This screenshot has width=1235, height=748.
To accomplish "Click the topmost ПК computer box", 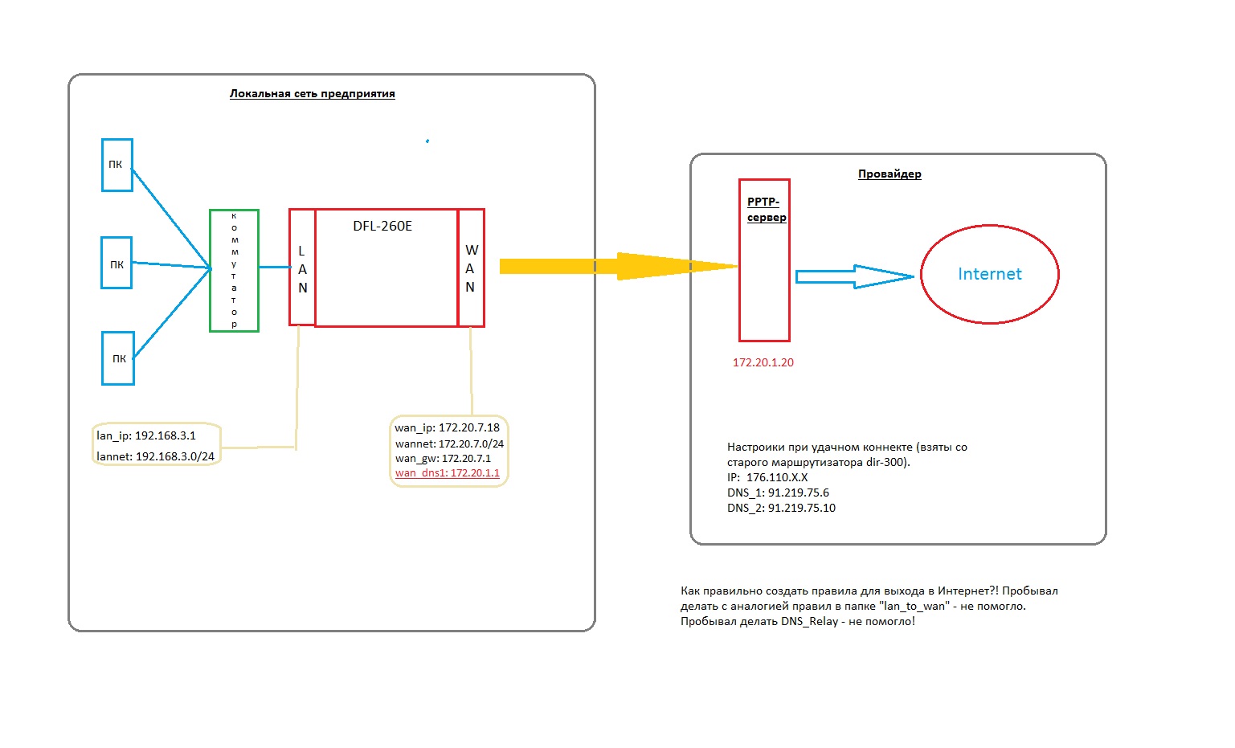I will point(117,165).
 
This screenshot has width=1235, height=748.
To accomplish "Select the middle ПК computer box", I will point(117,263).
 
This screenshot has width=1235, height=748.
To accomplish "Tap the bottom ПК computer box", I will point(118,358).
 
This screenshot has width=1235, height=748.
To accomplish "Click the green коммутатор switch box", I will point(234,270).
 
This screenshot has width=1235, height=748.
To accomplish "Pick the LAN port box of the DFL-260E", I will point(302,268).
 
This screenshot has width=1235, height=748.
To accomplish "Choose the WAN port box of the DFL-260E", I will point(471,268).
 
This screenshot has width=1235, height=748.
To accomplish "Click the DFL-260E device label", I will point(382,227).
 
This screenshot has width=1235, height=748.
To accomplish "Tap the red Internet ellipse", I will point(989,274).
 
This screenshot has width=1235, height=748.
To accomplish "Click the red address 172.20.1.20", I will point(763,362).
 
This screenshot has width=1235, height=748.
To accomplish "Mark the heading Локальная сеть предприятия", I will point(312,94).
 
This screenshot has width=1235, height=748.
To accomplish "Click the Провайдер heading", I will point(889,174).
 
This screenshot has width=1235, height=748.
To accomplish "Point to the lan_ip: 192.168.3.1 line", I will point(146,435).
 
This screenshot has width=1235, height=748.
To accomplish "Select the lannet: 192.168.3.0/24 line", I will point(155,456).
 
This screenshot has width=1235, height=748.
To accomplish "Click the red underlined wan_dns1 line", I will point(448,473).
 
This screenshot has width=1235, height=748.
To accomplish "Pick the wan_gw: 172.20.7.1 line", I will point(443,458).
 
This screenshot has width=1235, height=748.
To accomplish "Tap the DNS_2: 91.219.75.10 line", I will point(781,508).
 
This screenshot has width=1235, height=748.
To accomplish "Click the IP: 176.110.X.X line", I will point(767,477).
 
